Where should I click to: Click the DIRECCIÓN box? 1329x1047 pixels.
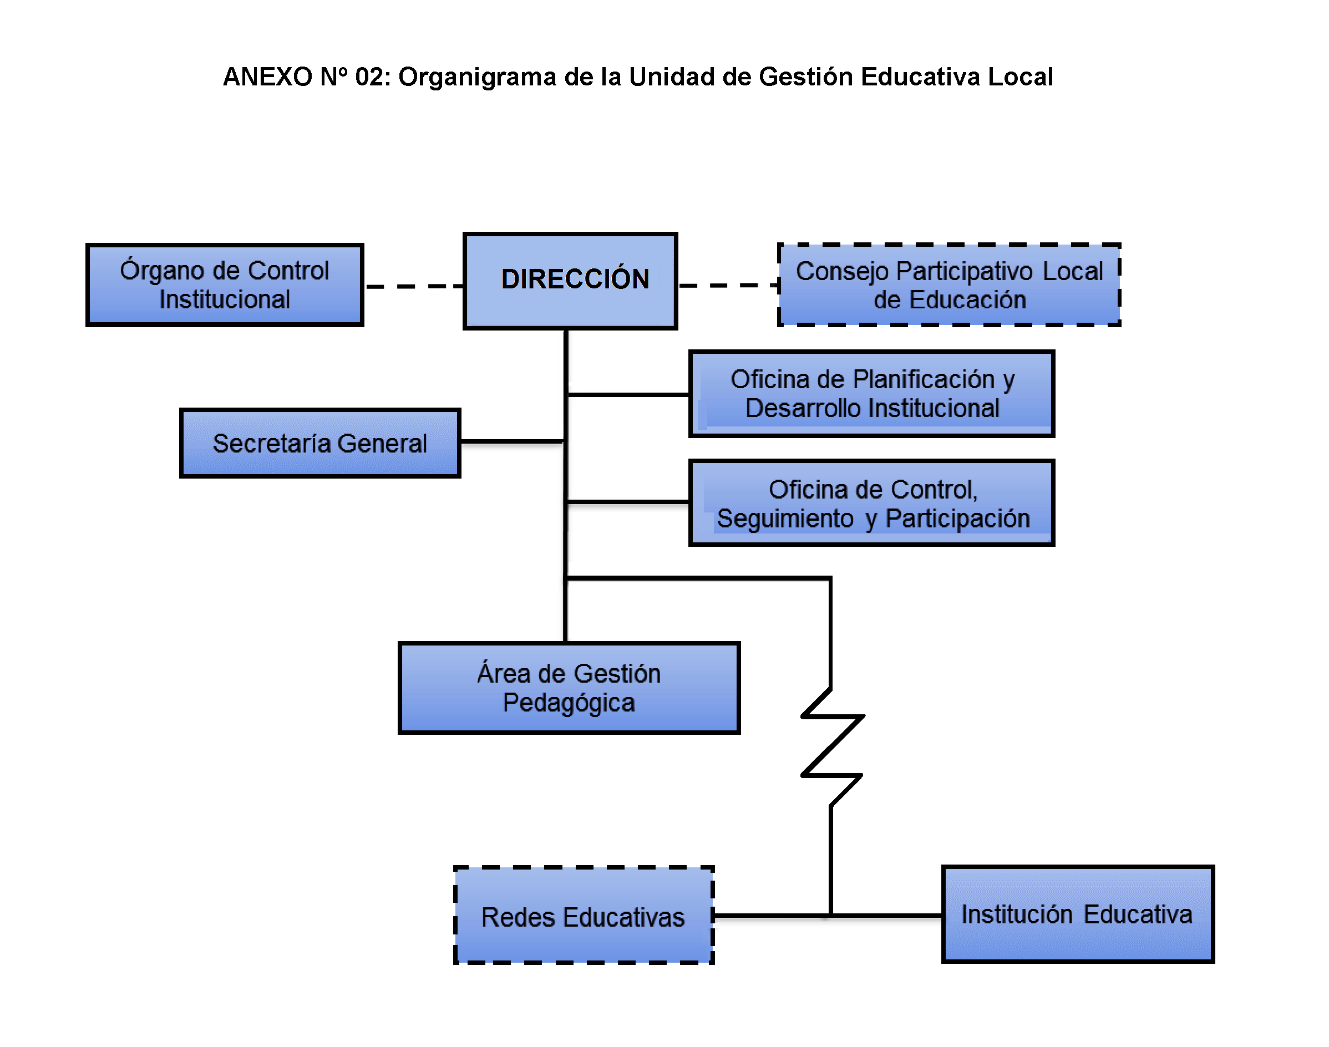[570, 281]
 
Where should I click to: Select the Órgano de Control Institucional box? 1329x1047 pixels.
[224, 285]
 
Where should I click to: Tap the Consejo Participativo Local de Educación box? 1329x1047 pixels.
[948, 285]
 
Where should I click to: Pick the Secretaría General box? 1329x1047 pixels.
[319, 443]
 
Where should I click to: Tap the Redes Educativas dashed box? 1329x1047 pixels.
[583, 915]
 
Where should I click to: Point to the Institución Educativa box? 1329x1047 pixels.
[1077, 914]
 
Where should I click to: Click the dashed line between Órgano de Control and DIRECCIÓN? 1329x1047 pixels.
[414, 286]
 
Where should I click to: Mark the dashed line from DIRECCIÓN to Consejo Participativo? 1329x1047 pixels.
[727, 285]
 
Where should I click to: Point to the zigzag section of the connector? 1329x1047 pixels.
[832, 746]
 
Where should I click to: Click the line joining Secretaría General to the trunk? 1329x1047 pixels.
[511, 441]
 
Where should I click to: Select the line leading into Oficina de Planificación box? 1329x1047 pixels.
[628, 395]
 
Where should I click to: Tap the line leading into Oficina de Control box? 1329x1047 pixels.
[628, 502]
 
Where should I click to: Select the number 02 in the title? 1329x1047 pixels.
[369, 77]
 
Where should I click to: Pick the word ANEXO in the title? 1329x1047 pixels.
[268, 77]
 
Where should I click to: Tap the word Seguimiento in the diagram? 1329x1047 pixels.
[785, 519]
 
